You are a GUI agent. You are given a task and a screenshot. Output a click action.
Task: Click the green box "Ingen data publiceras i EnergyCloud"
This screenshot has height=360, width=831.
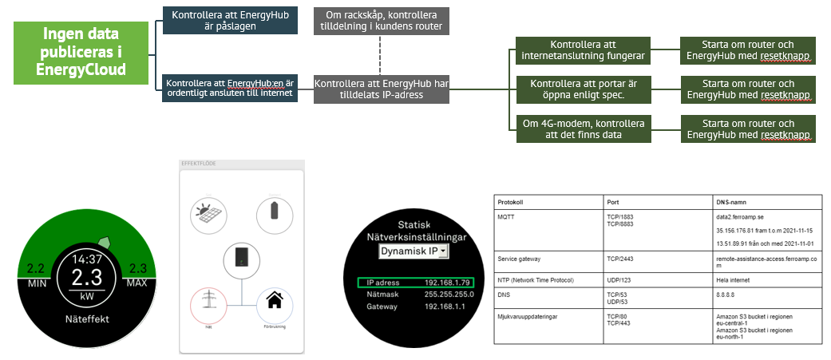pos(82,52)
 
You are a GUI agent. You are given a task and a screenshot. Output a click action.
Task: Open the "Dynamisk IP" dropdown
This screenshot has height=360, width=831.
pos(413,251)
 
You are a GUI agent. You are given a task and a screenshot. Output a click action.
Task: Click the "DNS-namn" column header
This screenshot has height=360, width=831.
pos(732,201)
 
